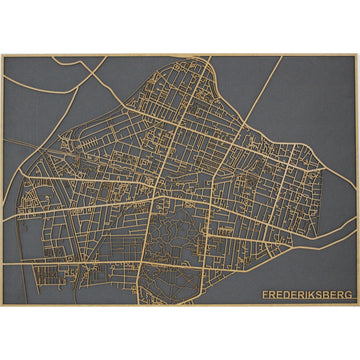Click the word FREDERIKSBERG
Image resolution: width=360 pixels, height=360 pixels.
(x=303, y=295)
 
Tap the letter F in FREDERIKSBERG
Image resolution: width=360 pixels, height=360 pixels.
(x=264, y=295)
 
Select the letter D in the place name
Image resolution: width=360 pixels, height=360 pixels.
(x=284, y=295)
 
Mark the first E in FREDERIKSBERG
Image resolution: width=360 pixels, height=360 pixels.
(x=277, y=295)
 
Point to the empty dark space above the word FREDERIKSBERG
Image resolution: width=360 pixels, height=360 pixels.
(x=300, y=265)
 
